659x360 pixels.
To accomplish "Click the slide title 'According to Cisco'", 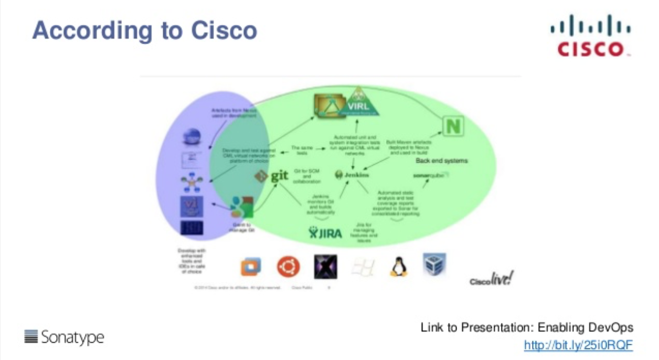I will [x=145, y=30].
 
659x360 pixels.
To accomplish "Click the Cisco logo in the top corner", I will [x=590, y=36].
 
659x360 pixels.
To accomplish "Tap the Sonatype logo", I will [x=64, y=337].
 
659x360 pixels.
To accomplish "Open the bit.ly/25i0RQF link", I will [x=579, y=345].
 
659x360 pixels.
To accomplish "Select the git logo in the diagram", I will [x=272, y=176].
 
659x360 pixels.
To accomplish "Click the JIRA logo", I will [x=325, y=232].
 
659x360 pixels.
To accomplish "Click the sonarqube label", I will [x=431, y=175].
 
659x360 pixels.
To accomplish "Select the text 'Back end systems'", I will [x=442, y=161].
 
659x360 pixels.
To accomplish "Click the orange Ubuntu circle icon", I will [x=289, y=267].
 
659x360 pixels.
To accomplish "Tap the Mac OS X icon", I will [x=325, y=267].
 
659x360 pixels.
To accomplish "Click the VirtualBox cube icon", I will [x=434, y=264].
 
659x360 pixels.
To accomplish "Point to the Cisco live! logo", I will [x=491, y=279].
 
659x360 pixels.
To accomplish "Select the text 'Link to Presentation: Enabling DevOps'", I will [x=527, y=328].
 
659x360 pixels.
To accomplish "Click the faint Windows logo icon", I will [x=363, y=267].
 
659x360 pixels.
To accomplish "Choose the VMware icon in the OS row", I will [x=251, y=267].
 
